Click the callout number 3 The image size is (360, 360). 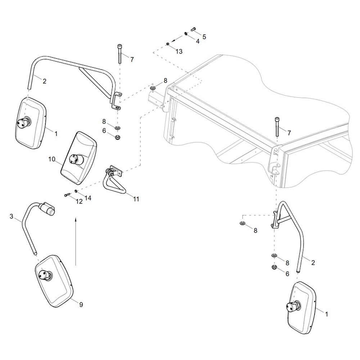coord(12,216)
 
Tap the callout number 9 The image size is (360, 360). coord(81,305)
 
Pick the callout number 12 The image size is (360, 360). coord(79,201)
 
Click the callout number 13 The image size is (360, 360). coord(179,51)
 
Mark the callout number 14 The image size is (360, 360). coord(88,198)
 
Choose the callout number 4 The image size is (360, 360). coord(198,41)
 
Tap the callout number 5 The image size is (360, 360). coord(204,36)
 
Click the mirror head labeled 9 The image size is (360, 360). coord(54,281)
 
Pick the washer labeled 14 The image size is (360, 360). coord(76,191)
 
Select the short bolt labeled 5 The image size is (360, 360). coord(192,29)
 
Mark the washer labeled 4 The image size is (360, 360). coord(185,33)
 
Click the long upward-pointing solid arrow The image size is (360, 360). coord(76,241)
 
